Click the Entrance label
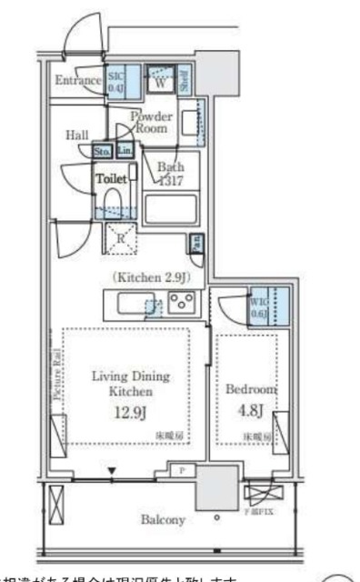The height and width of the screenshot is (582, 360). point(77,82)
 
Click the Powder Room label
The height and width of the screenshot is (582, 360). point(150,123)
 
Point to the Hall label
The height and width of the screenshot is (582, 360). point(76,135)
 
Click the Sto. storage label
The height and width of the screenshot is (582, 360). point(103,151)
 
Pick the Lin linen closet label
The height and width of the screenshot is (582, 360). point(124,151)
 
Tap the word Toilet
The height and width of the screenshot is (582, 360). point(110,179)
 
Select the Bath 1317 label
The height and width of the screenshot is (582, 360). point(169,174)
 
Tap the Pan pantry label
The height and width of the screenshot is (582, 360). point(195,243)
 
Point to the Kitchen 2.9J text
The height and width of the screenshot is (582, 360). point(150,275)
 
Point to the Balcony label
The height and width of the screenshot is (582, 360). point(164,520)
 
